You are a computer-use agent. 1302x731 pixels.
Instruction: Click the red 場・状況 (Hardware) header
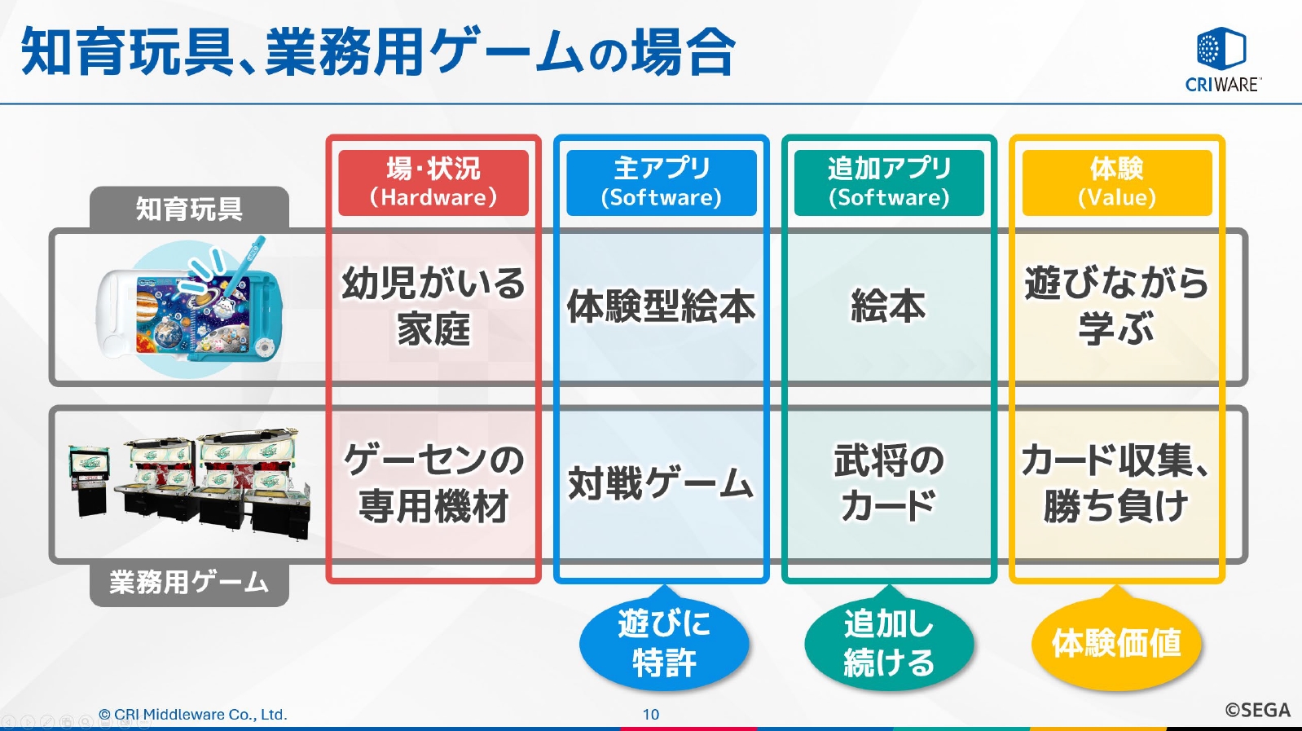click(x=433, y=183)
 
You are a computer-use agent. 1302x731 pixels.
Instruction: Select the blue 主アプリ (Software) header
click(x=661, y=183)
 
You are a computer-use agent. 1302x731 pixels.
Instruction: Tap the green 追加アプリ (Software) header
click(x=889, y=183)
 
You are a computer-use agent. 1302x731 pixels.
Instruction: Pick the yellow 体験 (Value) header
click(x=1116, y=183)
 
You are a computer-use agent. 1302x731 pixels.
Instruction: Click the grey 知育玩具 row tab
click(x=189, y=209)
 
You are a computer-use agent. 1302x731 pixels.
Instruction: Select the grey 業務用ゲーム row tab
click(x=189, y=583)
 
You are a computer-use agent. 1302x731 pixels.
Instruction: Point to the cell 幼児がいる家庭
click(x=433, y=306)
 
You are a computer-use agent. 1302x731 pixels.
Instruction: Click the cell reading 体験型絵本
click(x=661, y=306)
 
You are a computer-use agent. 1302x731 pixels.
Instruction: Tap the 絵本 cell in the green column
click(x=889, y=306)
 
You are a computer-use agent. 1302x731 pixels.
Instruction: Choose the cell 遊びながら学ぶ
click(x=1116, y=306)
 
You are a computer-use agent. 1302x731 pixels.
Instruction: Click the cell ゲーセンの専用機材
click(x=433, y=483)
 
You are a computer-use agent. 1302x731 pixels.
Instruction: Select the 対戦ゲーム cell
click(x=661, y=483)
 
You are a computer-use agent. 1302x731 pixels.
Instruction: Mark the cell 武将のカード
click(x=889, y=483)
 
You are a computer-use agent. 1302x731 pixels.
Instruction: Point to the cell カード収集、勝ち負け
click(x=1116, y=483)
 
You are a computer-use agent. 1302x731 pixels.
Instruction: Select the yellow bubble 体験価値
click(x=1116, y=643)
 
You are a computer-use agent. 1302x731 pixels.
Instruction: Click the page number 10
click(x=650, y=715)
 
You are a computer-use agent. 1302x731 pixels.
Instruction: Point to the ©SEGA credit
click(x=1257, y=711)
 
